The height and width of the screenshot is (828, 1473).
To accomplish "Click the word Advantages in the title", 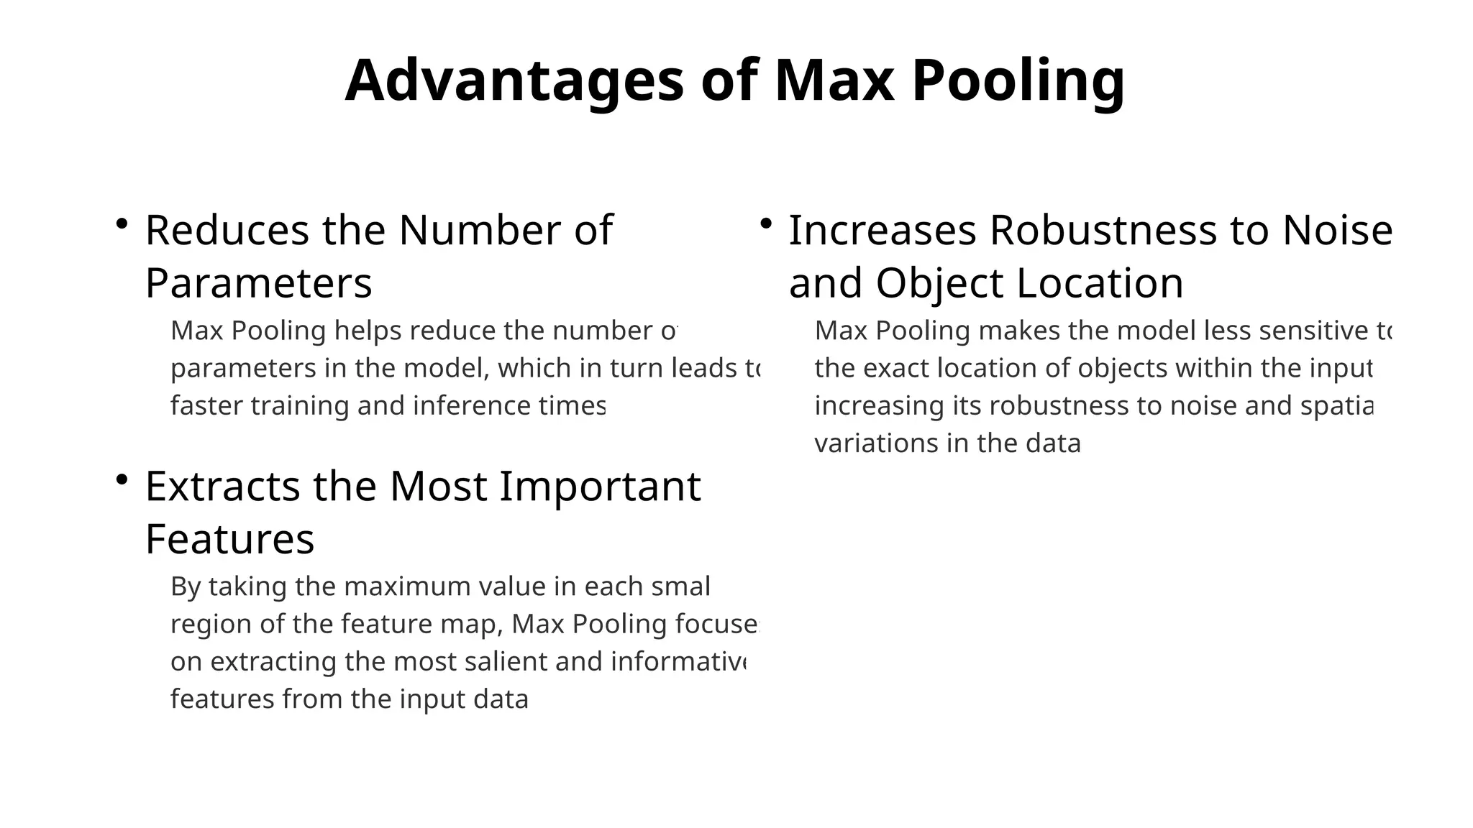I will pos(514,80).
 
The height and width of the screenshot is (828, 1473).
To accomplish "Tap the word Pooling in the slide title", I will pos(1018,80).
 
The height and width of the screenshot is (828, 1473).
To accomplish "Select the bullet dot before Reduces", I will pos(122,224).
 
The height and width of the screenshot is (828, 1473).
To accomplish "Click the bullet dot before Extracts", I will pos(122,479).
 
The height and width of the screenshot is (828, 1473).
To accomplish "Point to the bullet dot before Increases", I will pos(766,224).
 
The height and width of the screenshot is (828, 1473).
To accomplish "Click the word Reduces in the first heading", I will pos(227,231).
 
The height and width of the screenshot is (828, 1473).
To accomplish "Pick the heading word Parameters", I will pos(259,283).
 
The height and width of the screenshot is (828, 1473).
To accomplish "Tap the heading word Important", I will pos(600,487).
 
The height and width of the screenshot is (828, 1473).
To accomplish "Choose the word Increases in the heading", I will pos(883,231).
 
